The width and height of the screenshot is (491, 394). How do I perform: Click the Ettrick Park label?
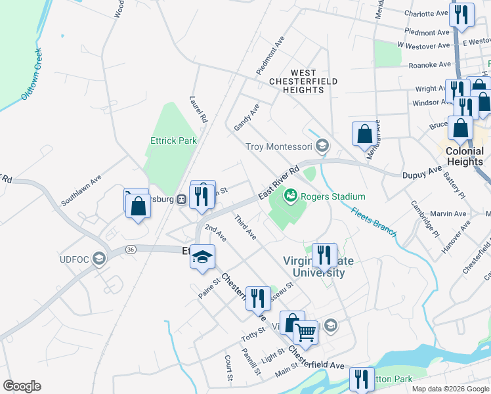click(173, 141)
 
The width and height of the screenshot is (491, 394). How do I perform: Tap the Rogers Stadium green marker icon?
click(289, 196)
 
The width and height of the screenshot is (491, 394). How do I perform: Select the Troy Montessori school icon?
click(322, 146)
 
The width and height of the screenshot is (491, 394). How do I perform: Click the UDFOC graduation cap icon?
click(98, 258)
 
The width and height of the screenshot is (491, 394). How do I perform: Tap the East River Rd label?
click(279, 182)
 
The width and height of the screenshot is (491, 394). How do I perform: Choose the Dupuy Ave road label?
click(421, 173)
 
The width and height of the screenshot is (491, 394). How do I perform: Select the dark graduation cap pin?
click(203, 257)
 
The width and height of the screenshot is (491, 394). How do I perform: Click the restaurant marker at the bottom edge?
click(361, 379)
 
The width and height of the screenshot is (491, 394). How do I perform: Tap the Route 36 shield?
click(131, 250)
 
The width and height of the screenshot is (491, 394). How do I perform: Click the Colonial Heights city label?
click(464, 156)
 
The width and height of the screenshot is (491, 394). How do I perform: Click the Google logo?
click(22, 386)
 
